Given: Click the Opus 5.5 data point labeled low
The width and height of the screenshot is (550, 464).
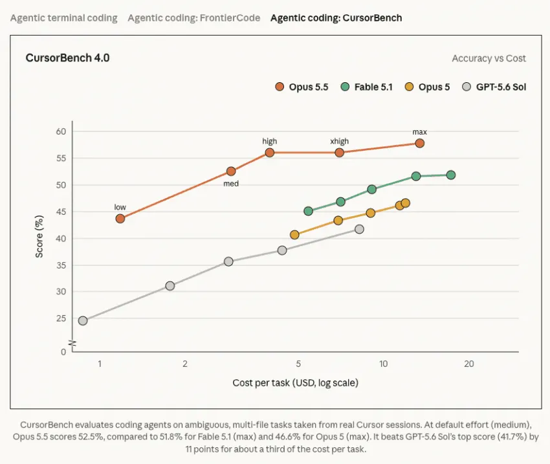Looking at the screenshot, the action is pyautogui.click(x=120, y=219).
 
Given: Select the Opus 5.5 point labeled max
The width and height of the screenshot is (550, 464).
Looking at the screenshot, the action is pyautogui.click(x=419, y=143).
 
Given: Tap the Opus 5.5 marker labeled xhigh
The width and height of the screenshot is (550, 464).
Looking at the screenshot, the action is pyautogui.click(x=339, y=153).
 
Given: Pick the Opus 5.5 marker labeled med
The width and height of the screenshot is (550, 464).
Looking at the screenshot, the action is pyautogui.click(x=231, y=171).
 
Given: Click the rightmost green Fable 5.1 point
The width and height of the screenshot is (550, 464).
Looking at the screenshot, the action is pyautogui.click(x=451, y=175).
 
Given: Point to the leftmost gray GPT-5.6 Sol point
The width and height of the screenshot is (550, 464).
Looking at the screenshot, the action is pyautogui.click(x=83, y=320).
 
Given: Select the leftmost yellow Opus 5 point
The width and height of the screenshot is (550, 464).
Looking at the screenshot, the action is pyautogui.click(x=294, y=235).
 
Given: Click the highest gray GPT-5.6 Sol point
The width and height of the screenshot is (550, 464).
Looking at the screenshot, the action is pyautogui.click(x=359, y=229).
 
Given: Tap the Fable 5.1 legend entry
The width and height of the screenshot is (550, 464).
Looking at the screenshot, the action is pyautogui.click(x=366, y=87).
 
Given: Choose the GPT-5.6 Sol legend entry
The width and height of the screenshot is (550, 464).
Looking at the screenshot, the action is pyautogui.click(x=494, y=87).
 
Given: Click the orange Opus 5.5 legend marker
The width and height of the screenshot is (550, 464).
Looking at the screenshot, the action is pyautogui.click(x=280, y=87).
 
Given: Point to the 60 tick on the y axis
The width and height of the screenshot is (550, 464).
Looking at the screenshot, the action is pyautogui.click(x=61, y=131).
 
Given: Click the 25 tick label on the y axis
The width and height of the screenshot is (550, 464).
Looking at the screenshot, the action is pyautogui.click(x=61, y=318).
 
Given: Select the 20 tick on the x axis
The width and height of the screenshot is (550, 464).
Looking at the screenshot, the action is pyautogui.click(x=469, y=364).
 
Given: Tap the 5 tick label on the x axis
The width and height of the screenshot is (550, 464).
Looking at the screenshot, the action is pyautogui.click(x=298, y=364).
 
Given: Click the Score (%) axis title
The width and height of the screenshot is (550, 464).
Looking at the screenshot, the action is pyautogui.click(x=39, y=236).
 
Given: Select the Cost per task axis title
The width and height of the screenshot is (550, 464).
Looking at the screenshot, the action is pyautogui.click(x=295, y=382).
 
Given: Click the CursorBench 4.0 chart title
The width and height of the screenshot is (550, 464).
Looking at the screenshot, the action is pyautogui.click(x=68, y=58).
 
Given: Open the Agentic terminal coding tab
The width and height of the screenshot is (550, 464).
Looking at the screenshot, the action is pyautogui.click(x=64, y=18).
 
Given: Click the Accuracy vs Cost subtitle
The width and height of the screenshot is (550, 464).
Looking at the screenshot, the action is pyautogui.click(x=489, y=58).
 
